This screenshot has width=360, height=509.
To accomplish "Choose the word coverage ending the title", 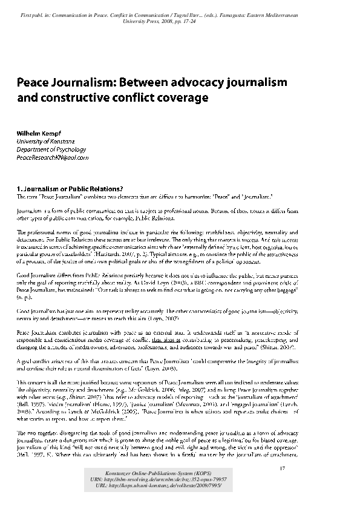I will coord(185,96).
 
